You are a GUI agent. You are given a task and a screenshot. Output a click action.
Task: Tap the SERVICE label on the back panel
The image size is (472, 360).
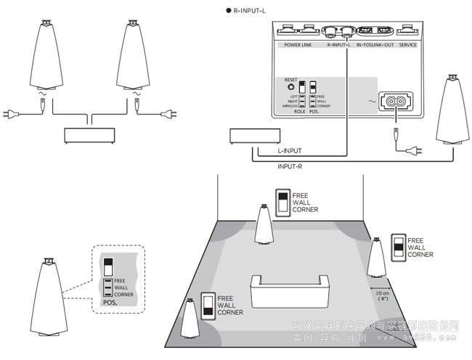pyautogui.click(x=409, y=44)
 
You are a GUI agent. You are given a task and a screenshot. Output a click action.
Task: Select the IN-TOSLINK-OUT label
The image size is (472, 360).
pyautogui.click(x=375, y=44)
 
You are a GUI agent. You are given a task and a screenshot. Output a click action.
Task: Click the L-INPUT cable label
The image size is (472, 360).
pyautogui.click(x=290, y=151)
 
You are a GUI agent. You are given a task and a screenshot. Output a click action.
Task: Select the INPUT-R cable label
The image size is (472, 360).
pyautogui.click(x=290, y=166)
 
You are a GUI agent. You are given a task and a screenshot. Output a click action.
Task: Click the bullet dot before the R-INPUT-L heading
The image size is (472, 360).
pyautogui.click(x=227, y=11)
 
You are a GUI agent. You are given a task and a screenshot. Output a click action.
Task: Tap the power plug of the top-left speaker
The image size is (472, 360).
pyautogui.click(x=15, y=112)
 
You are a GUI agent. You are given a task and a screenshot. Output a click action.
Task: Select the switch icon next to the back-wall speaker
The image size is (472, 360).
pyautogui.click(x=282, y=202)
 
